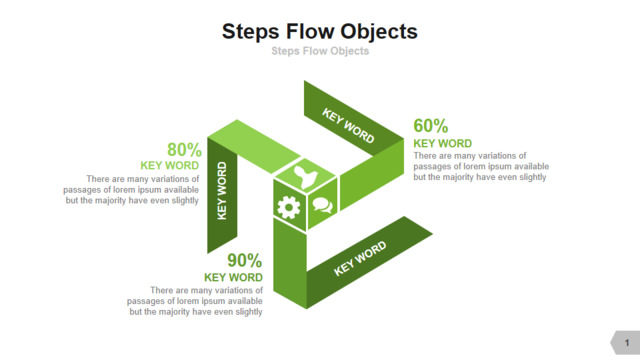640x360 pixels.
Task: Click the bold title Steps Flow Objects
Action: pos(320,32)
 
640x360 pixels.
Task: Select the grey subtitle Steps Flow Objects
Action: pos(320,51)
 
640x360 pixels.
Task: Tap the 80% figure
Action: pos(184,150)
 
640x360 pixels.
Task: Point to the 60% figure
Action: pos(431,126)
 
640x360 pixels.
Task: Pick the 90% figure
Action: pos(244,260)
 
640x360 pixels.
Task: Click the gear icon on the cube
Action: pos(289,207)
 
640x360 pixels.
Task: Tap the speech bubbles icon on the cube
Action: pos(322,205)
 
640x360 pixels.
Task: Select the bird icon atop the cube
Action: pos(306,176)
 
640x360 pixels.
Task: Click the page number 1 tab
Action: pos(626,342)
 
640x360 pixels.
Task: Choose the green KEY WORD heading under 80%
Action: pos(169,166)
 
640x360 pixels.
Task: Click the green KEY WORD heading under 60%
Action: pos(442,144)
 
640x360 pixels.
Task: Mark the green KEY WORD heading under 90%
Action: pos(233,278)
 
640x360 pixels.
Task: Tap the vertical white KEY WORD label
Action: pos(222,191)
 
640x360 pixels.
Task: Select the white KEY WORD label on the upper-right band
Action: pos(348,126)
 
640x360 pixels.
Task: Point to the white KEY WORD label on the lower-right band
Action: pos(360,258)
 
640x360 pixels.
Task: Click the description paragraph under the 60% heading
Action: pos(481,167)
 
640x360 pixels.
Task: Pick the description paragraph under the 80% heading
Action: pos(131,190)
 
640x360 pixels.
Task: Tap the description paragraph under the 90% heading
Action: pos(195,301)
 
